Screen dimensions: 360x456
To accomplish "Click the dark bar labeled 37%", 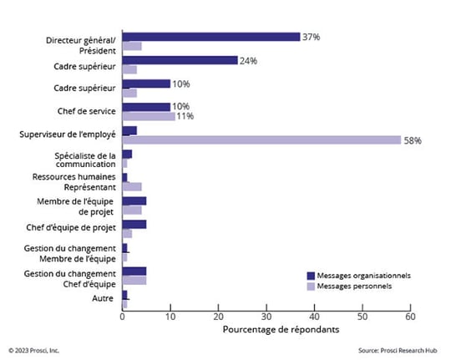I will coord(211,37).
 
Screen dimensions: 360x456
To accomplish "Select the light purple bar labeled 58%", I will coord(261,139).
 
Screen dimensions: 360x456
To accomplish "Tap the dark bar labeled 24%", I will coord(180,60).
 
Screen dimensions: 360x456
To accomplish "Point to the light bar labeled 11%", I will coord(149,116).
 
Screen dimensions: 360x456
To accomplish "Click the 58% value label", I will coord(413,140).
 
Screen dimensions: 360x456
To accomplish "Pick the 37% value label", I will coord(312,37).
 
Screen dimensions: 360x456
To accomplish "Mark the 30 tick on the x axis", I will coord(266,316).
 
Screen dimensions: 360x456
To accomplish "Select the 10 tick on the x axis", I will coord(170,316).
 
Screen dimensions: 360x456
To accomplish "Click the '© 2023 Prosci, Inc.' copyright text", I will coord(34,350).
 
